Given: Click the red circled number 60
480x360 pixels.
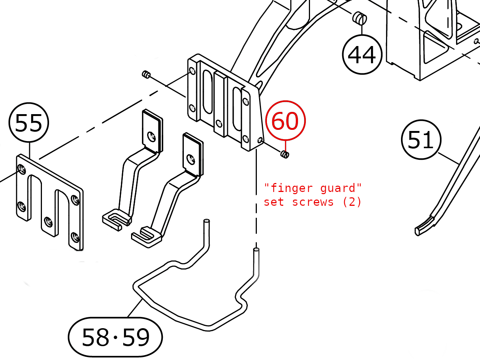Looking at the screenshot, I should pyautogui.click(x=285, y=121).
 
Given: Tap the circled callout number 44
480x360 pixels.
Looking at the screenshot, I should pyautogui.click(x=362, y=55).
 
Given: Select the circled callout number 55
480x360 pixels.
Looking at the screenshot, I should pyautogui.click(x=29, y=123).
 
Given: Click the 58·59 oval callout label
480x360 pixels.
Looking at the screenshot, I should pyautogui.click(x=115, y=337).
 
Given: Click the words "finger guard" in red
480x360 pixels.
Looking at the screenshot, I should pyautogui.click(x=313, y=188).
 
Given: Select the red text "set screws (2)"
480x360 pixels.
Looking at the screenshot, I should pyautogui.click(x=313, y=202).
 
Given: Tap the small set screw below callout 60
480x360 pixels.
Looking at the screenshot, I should pyautogui.click(x=285, y=154).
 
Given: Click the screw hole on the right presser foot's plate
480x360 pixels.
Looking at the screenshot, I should pyautogui.click(x=191, y=159).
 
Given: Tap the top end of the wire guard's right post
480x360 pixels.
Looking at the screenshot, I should pyautogui.click(x=256, y=250).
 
